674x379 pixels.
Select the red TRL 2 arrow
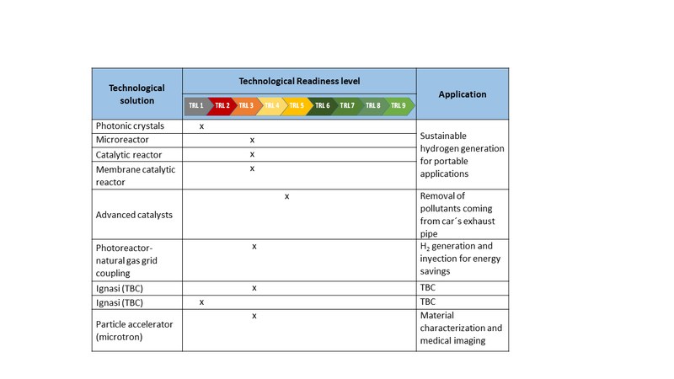click(x=222, y=106)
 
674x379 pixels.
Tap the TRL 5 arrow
click(x=297, y=106)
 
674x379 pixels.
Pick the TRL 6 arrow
click(x=322, y=106)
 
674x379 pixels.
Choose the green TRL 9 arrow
click(x=398, y=106)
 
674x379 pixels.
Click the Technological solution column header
click(x=136, y=93)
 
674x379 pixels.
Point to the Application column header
click(x=463, y=94)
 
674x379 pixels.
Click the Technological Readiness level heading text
click(x=299, y=81)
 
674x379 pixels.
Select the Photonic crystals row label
click(x=130, y=125)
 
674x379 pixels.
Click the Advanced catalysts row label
click(x=134, y=214)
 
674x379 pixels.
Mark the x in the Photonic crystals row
click(x=202, y=125)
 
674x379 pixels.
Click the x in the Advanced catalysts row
click(x=287, y=196)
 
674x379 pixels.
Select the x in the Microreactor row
click(x=252, y=139)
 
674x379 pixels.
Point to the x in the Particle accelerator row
click(x=253, y=315)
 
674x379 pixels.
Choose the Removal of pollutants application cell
click(x=457, y=214)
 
